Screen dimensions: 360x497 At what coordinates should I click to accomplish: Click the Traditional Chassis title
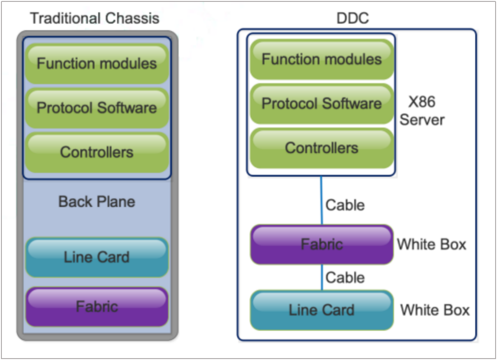coord(95,18)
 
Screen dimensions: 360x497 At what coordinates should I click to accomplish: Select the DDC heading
coord(352,18)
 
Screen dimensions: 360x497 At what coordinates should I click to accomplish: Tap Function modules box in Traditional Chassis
coord(97,63)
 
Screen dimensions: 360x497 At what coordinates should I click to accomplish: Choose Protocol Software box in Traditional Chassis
coord(97,108)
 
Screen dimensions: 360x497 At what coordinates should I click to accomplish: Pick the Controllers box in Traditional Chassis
coord(97,152)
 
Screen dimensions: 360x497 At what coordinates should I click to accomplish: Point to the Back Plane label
coord(97,202)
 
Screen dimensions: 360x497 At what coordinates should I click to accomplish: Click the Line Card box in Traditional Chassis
coord(97,257)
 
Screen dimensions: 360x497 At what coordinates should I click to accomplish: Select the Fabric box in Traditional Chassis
coord(97,306)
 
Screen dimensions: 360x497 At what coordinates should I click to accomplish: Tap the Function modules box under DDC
coord(321,59)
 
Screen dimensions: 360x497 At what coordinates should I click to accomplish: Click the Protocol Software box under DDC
coord(321,104)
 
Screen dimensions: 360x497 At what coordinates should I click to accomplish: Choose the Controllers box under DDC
coord(321,148)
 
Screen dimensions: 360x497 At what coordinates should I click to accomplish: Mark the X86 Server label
coord(422,111)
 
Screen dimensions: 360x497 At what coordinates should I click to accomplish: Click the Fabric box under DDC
coord(321,244)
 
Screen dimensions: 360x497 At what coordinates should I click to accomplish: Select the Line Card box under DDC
coord(321,310)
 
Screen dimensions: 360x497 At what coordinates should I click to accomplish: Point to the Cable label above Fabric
coord(345,206)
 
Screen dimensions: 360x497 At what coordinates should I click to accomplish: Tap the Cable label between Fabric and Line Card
coord(345,277)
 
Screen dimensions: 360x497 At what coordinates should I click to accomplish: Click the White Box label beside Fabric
coord(431,244)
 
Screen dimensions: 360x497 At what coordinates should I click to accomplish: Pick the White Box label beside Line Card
coord(435,310)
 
